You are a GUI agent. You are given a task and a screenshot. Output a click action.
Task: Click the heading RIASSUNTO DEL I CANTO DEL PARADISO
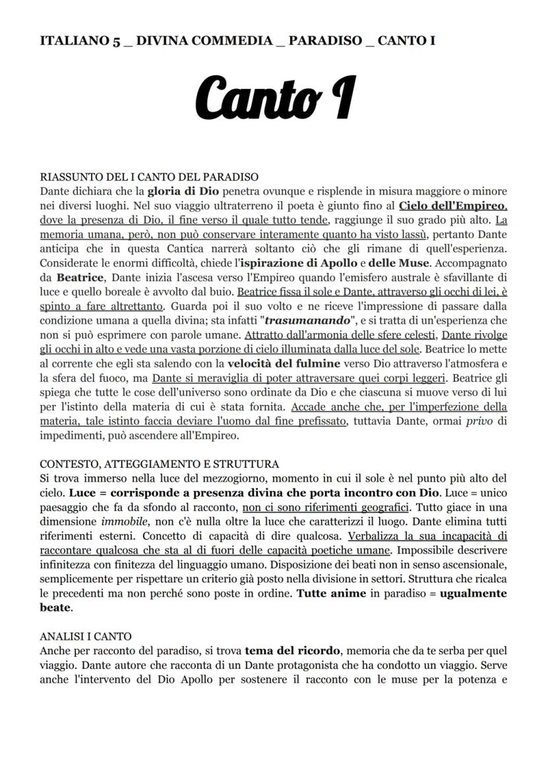tap(149, 177)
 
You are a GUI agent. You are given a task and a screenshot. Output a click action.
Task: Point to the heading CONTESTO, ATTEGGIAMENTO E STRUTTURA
tap(159, 464)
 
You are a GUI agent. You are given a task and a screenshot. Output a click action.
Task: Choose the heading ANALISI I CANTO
tap(86, 636)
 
